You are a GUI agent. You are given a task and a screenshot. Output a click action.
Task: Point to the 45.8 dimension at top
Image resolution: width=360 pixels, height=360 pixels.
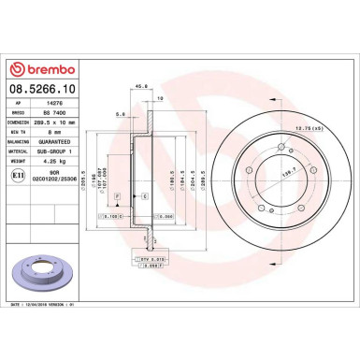(x=142, y=89)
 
